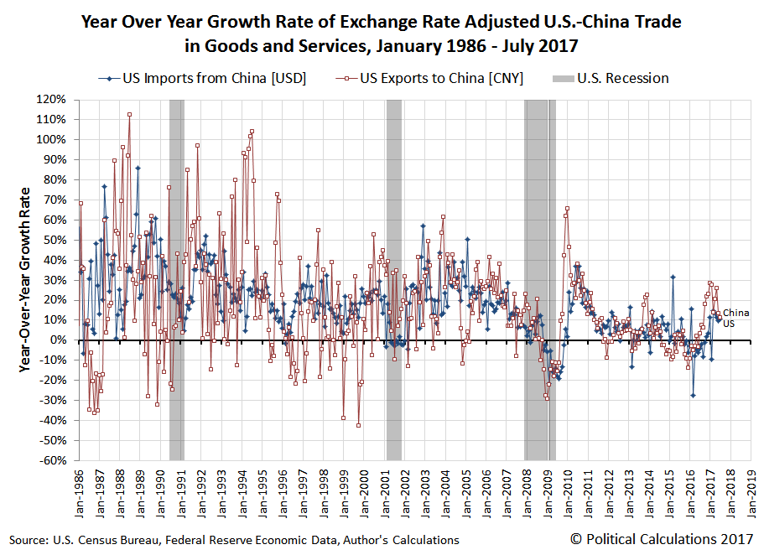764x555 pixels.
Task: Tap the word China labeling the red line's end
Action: click(x=735, y=313)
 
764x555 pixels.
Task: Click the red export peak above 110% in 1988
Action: click(x=129, y=115)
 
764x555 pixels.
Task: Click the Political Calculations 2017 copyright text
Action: click(x=662, y=539)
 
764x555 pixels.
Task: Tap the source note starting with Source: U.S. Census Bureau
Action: click(x=234, y=540)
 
